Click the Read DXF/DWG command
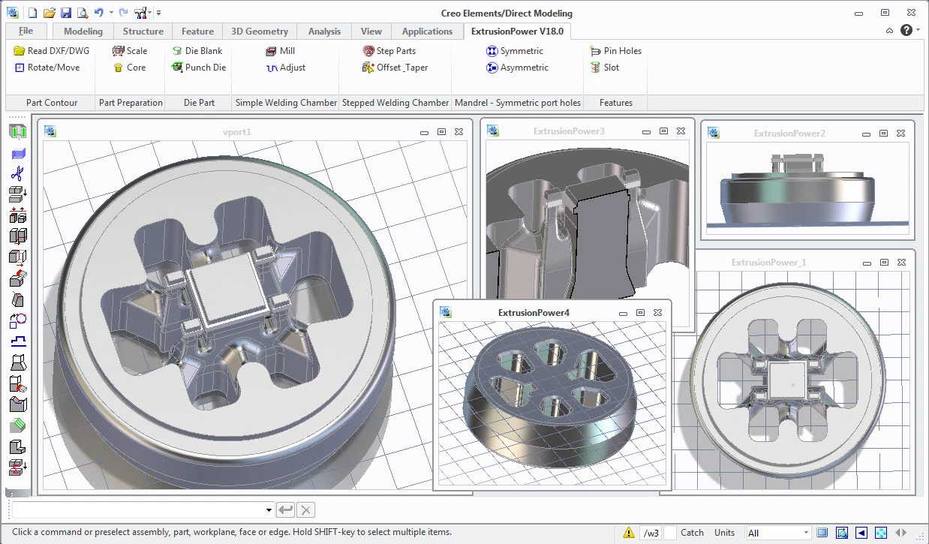tap(52, 50)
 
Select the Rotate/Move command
tap(47, 68)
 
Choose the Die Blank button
tap(197, 50)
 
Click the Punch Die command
tap(199, 68)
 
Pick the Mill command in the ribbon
tap(281, 50)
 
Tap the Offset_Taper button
tap(395, 68)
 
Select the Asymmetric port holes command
tap(517, 68)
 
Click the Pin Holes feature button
tap(616, 50)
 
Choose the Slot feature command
tap(605, 68)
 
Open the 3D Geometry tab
tap(260, 31)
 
